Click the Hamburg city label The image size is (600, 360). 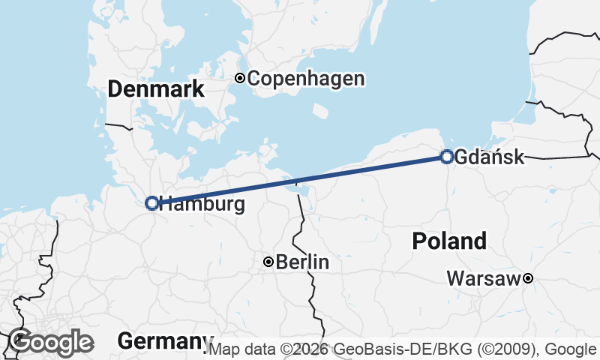pos(203,203)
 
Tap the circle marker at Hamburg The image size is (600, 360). pos(151,202)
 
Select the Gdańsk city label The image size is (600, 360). pos(489,157)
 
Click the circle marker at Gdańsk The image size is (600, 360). pos(447,157)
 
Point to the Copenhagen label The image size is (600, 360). pos(306,78)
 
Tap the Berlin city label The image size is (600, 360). pos(303,262)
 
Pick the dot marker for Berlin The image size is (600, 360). pos(268,262)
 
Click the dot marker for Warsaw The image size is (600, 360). pos(528,278)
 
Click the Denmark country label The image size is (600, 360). pos(156,89)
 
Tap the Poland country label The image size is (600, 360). pos(449,241)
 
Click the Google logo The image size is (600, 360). pos(51,342)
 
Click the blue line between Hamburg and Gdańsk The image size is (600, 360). pos(300,180)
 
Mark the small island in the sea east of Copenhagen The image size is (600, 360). pos(320,111)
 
